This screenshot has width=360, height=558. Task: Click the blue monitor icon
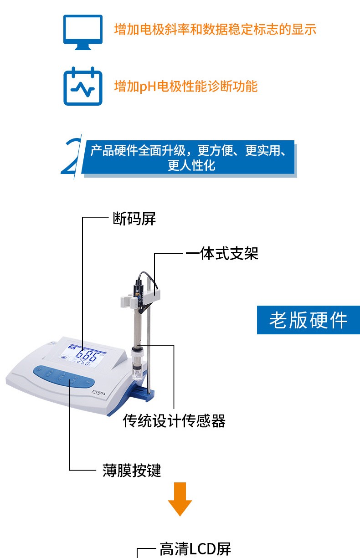click(x=83, y=32)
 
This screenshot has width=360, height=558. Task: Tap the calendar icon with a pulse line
click(x=83, y=86)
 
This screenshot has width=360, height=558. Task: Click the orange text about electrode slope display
click(x=215, y=29)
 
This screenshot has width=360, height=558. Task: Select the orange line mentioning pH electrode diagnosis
click(x=186, y=87)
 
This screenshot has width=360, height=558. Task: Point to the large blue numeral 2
click(x=71, y=156)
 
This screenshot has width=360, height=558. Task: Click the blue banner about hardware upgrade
click(x=188, y=158)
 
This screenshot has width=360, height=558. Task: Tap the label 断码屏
click(x=134, y=219)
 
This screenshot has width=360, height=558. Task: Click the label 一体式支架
click(x=222, y=254)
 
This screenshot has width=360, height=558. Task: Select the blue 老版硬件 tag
click(x=309, y=320)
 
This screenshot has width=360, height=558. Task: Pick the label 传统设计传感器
click(x=174, y=421)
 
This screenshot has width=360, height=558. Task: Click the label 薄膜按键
click(x=132, y=470)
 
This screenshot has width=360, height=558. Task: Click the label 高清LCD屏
click(x=195, y=549)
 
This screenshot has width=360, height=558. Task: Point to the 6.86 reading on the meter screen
click(x=87, y=355)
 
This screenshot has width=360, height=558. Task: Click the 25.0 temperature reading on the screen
click(x=83, y=363)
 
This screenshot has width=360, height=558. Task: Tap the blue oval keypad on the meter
click(x=64, y=377)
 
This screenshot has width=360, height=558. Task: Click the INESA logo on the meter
click(x=98, y=393)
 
